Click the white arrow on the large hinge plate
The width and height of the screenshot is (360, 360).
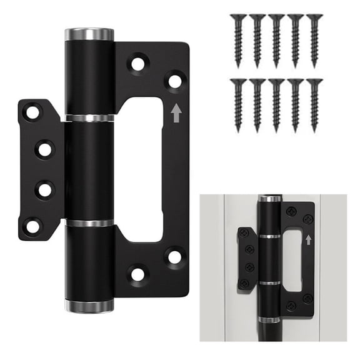176,112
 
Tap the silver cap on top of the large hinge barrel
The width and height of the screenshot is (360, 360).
89,34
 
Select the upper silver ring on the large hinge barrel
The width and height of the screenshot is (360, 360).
89,117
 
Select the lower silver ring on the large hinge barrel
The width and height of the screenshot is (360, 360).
89,222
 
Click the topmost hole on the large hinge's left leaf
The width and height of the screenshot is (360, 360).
31,112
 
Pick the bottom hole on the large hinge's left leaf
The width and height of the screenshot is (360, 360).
31,226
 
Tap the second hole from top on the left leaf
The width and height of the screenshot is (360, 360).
44,149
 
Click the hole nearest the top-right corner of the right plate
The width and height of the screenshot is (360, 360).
175,81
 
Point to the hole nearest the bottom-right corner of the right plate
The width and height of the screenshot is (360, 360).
174,256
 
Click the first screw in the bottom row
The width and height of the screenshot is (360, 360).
238,103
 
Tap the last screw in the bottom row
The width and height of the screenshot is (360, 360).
314,103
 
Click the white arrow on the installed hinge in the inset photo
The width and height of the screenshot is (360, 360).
307,239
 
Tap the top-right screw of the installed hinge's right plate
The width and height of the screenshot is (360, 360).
308,219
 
